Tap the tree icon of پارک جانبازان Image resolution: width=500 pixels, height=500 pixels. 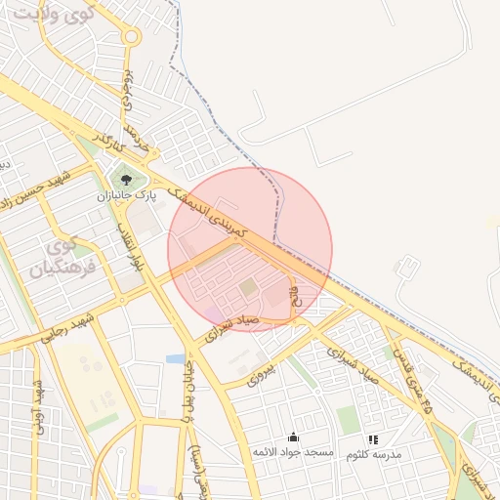(125, 179)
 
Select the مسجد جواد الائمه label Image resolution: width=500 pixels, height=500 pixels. (293, 453)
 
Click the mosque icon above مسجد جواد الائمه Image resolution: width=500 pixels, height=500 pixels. (293, 437)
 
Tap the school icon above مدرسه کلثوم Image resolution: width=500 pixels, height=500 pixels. (372, 439)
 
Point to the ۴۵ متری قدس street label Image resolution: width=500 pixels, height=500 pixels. (415, 386)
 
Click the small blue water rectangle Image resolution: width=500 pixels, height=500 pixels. (176, 358)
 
